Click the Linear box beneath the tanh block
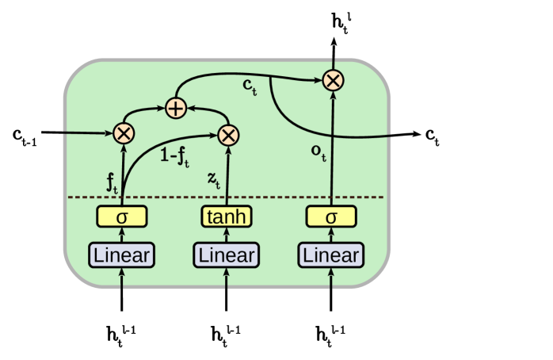click(227, 255)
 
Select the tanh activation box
click(227, 216)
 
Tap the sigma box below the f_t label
click(122, 216)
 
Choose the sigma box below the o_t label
click(331, 216)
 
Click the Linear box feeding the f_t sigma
click(122, 255)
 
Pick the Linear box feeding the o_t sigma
click(331, 255)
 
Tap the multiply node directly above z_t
click(228, 135)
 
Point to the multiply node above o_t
click(333, 79)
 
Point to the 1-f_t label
click(175, 158)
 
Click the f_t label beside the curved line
click(112, 183)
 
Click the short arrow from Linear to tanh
click(227, 235)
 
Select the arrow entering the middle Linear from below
click(227, 278)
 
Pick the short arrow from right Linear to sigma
click(331, 235)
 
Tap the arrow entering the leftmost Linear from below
click(122, 278)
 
